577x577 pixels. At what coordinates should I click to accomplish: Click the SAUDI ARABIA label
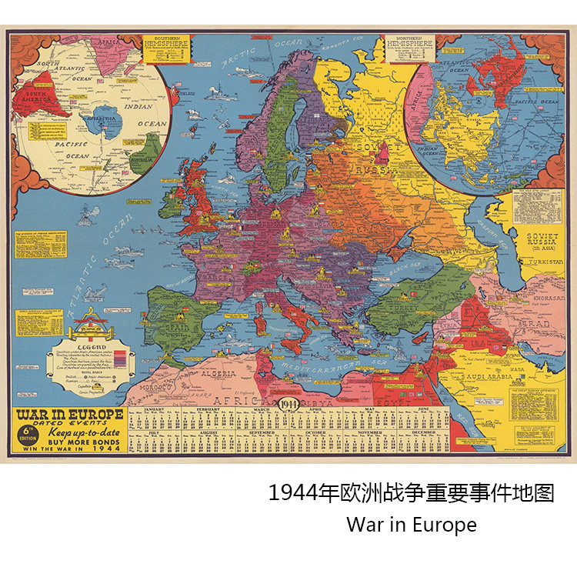point(485,378)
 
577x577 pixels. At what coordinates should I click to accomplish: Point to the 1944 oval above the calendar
point(289,405)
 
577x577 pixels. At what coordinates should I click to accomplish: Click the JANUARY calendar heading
point(154,410)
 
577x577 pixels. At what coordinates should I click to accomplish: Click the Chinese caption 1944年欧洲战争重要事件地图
point(412,493)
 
